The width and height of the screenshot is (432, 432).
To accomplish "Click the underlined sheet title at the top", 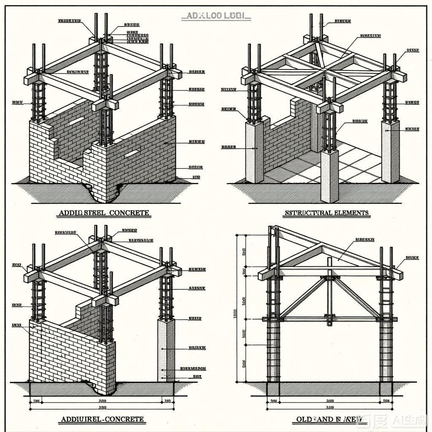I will click(216, 16).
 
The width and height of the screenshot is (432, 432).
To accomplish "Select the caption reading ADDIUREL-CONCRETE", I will click(103, 419).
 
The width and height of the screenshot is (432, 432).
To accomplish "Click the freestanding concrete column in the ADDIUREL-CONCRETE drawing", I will click(165, 350).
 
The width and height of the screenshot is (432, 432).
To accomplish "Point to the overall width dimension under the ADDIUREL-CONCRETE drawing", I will click(102, 408).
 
